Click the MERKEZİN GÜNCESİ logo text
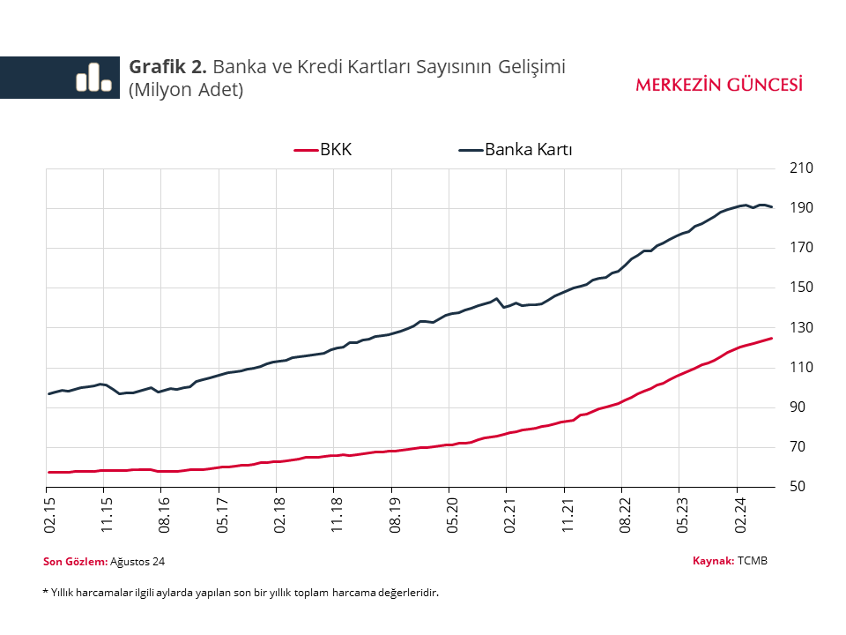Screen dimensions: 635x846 point(719,85)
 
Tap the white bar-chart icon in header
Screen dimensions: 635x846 point(93,78)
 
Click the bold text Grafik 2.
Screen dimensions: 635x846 point(168,66)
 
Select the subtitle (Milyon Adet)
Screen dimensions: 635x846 point(186,89)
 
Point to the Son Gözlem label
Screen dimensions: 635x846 point(75,561)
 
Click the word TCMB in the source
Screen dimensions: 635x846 point(753,560)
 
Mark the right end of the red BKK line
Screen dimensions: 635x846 point(772,338)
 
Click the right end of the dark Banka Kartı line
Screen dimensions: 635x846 point(772,207)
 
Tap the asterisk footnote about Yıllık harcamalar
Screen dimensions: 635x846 point(241,593)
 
